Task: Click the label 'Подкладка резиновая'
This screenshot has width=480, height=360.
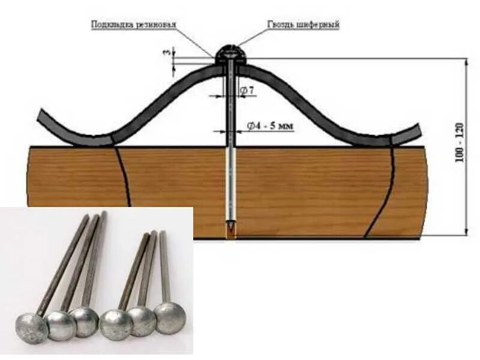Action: pyautogui.click(x=133, y=25)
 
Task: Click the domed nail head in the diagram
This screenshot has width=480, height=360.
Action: pyautogui.click(x=227, y=54)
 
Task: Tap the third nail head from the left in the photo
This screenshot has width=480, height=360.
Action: pyautogui.click(x=84, y=322)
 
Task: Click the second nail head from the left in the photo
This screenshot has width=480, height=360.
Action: pyautogui.click(x=61, y=325)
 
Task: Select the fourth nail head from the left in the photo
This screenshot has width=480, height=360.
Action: pyautogui.click(x=116, y=325)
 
